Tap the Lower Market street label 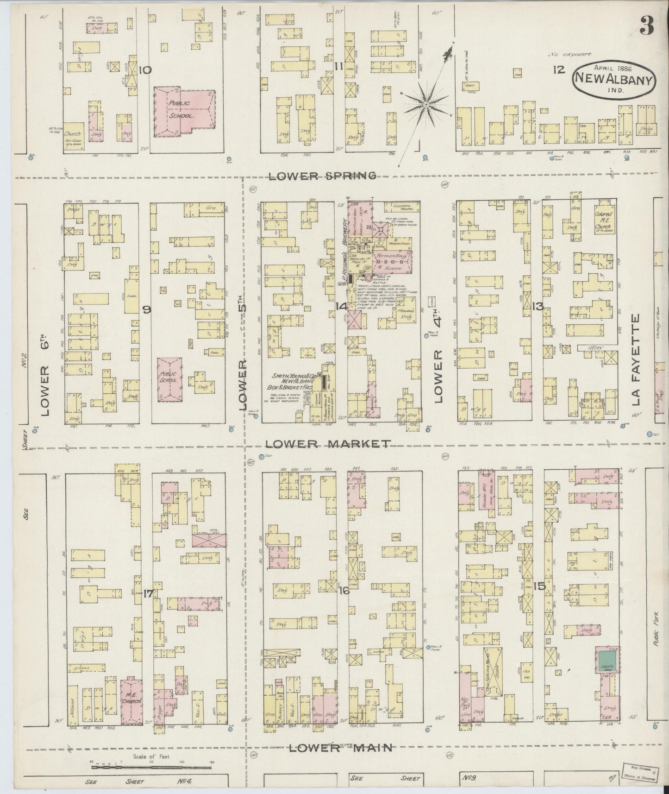pos(328,443)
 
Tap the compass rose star pos(425,105)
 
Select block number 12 pos(559,70)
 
